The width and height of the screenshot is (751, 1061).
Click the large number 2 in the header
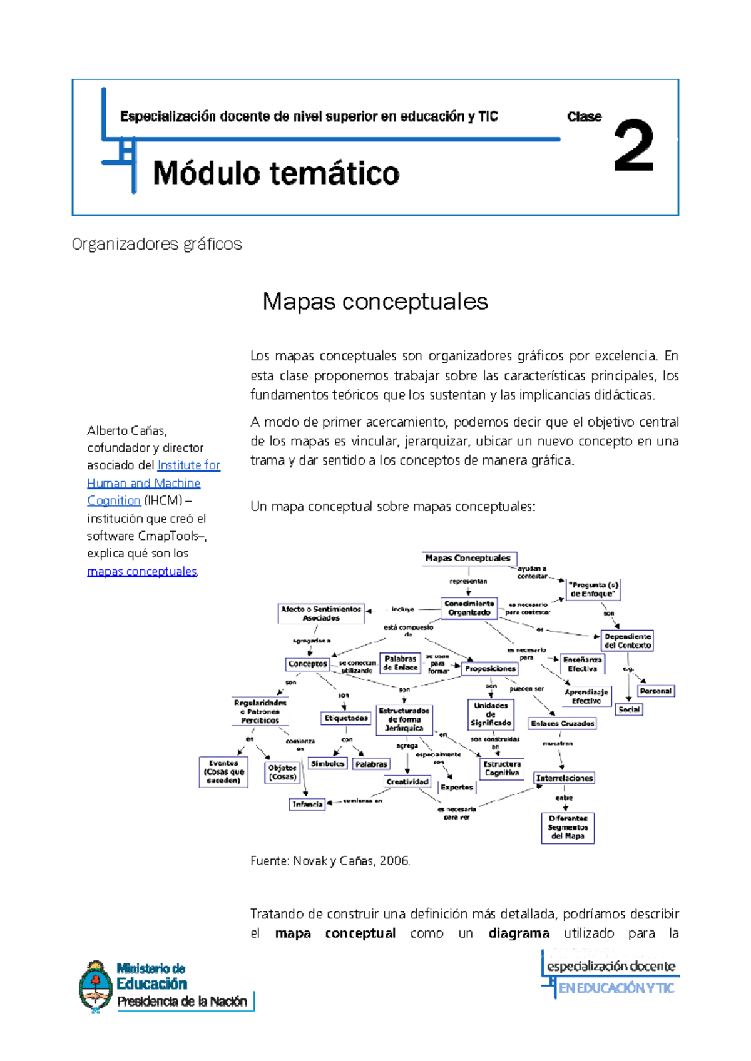point(633,146)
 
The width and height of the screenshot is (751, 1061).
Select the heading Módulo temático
point(276,173)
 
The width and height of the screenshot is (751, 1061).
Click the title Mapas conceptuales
point(375,302)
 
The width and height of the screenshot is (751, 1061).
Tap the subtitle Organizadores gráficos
point(156,244)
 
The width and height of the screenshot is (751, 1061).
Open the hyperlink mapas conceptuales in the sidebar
point(142,571)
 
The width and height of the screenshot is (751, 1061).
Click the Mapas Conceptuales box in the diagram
point(468,558)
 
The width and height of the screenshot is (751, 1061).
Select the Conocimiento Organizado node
point(469,607)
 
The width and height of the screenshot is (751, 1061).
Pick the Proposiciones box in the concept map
point(490,669)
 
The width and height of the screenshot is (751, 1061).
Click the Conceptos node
point(307,664)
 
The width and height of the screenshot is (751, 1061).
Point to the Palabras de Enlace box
point(400,663)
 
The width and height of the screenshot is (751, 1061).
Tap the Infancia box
point(307,804)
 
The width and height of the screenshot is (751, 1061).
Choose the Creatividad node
point(407,781)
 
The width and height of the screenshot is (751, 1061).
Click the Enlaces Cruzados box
point(562,723)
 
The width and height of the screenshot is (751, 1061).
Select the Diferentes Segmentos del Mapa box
point(568,827)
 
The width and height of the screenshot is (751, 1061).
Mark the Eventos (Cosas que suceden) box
point(223,772)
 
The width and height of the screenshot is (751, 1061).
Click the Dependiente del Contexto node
point(627,641)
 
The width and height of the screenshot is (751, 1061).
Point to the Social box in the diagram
point(629,709)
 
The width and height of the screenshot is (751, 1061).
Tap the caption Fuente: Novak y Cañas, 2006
point(330,861)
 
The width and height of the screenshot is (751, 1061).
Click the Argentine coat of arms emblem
point(95,986)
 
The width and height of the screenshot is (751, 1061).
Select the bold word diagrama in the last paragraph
point(519,933)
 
